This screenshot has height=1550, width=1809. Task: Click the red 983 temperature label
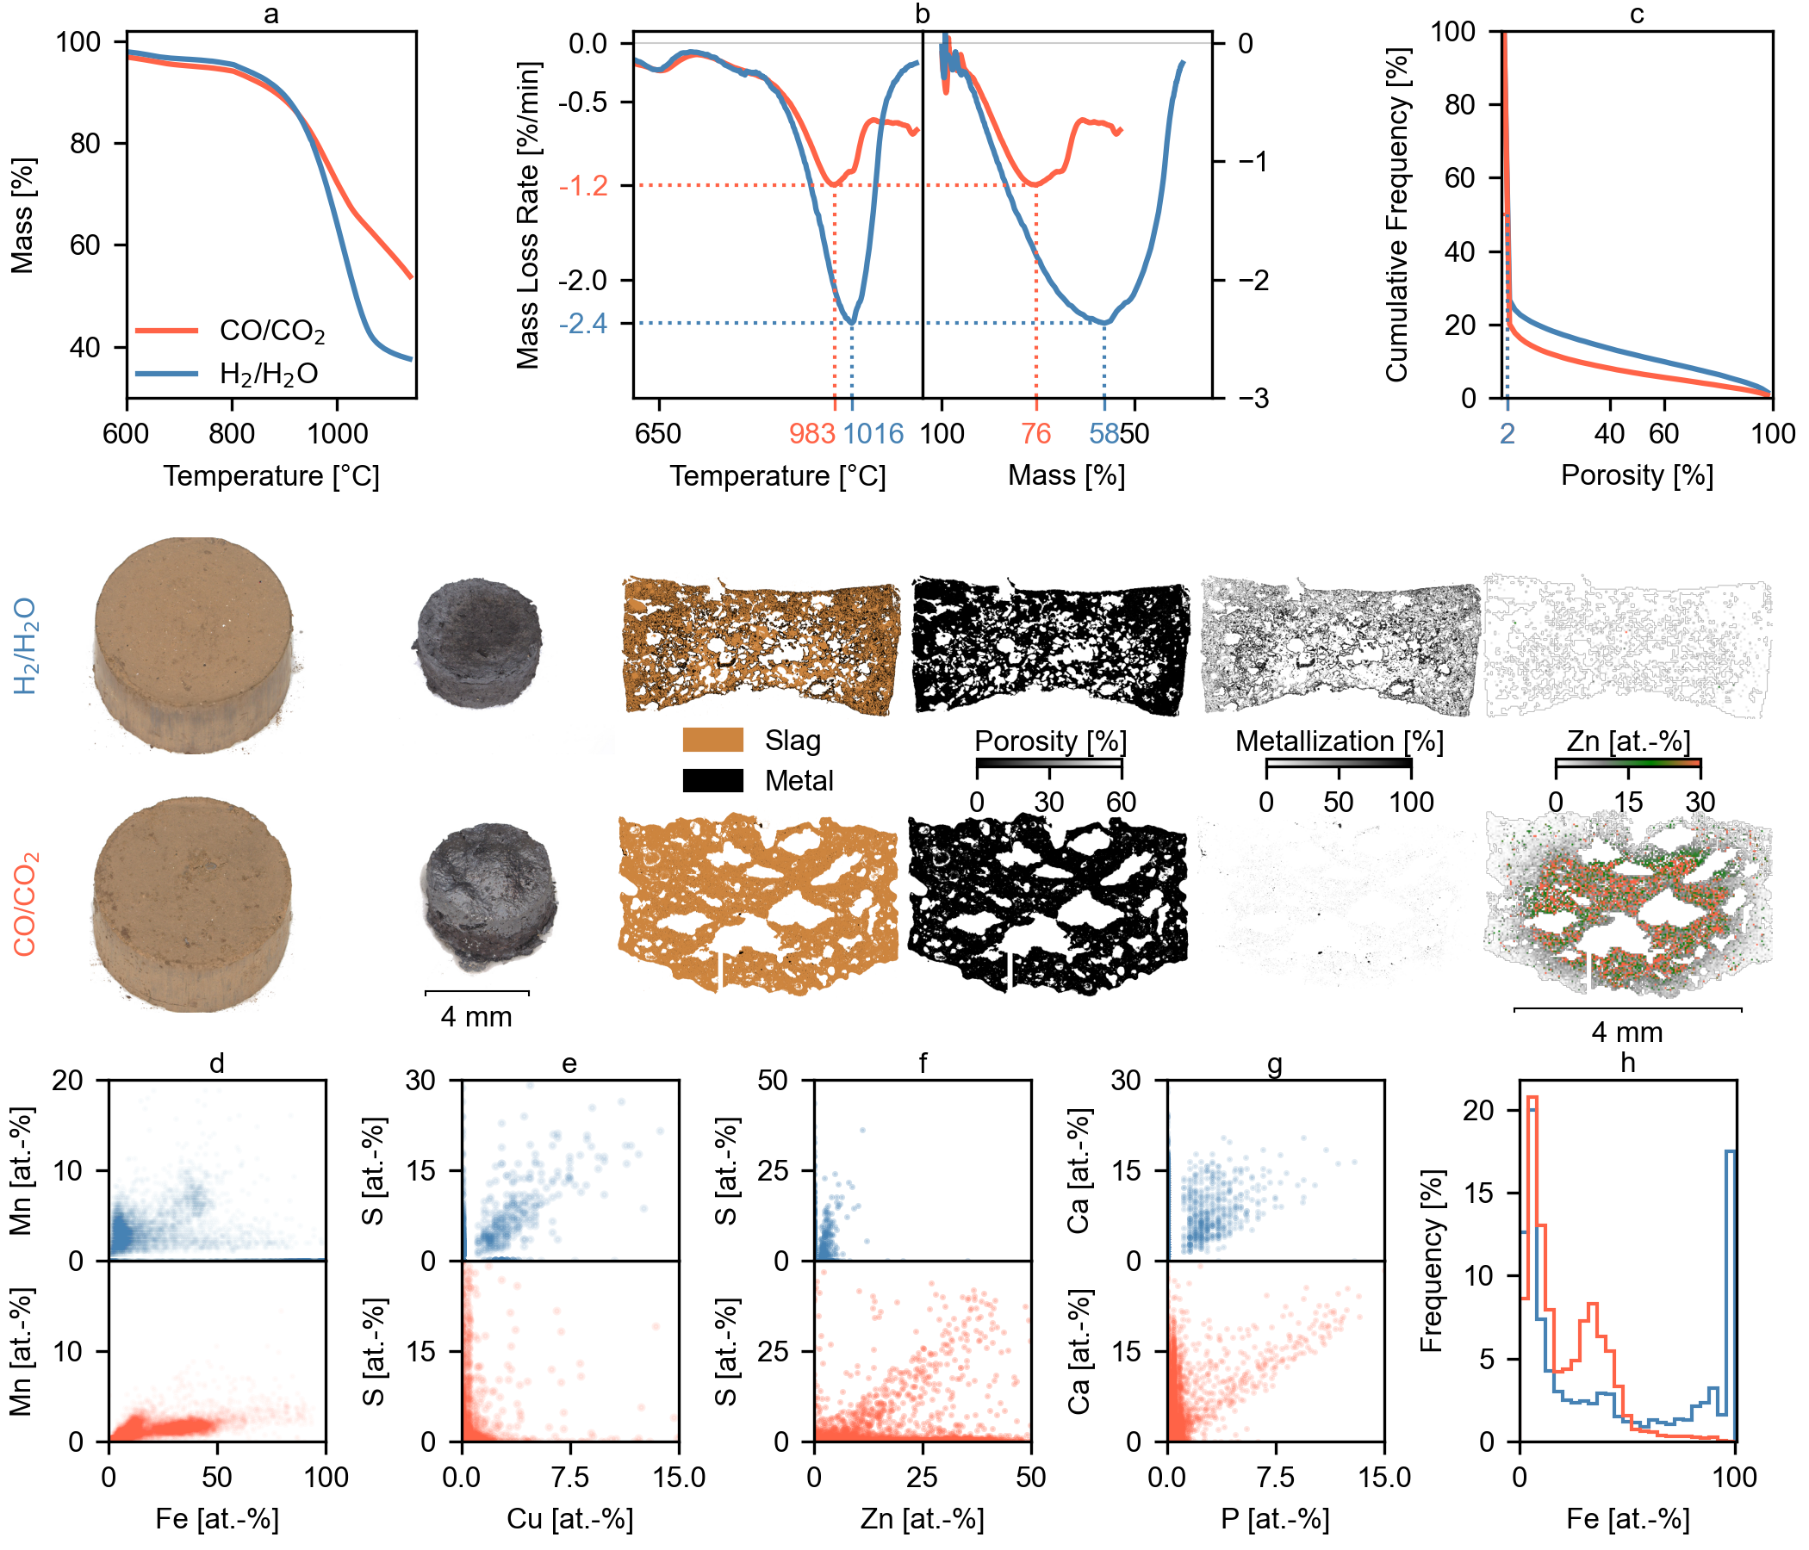(x=812, y=434)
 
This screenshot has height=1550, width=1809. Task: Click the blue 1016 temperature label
(x=874, y=434)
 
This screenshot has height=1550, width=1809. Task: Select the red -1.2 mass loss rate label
(x=583, y=186)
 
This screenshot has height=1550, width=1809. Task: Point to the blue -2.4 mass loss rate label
(x=583, y=324)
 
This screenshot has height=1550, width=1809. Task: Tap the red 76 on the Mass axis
(x=1035, y=434)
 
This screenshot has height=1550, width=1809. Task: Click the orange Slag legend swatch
(x=712, y=740)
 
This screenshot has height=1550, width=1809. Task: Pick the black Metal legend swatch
(x=712, y=780)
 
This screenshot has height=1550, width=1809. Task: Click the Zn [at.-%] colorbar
(x=1627, y=764)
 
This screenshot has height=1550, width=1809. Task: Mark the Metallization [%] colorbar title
(x=1339, y=741)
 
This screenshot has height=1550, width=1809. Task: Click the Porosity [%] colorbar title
(x=1049, y=741)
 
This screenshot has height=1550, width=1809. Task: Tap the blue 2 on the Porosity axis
(x=1507, y=434)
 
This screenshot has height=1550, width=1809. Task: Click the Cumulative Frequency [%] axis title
(x=1397, y=214)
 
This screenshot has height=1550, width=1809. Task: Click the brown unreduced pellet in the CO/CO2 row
(x=192, y=903)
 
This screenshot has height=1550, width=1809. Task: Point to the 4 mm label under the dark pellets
(x=476, y=1017)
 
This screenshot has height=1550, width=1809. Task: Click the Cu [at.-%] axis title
(x=569, y=1519)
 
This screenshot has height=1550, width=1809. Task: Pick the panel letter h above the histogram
(x=1626, y=1063)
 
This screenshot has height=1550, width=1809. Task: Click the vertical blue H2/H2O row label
(x=26, y=646)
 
